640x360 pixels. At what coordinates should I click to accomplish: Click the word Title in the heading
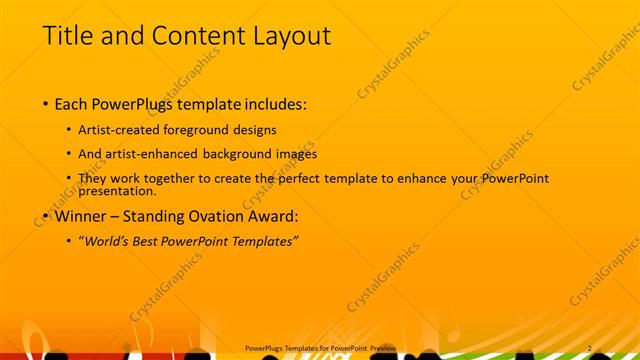(65, 36)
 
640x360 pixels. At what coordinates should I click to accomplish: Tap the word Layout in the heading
(290, 36)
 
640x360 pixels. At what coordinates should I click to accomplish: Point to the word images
(297, 154)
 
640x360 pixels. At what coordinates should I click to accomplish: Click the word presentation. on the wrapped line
(117, 190)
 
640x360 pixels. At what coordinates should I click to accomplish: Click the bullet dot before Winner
(46, 216)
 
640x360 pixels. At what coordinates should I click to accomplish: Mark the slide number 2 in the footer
(590, 347)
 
